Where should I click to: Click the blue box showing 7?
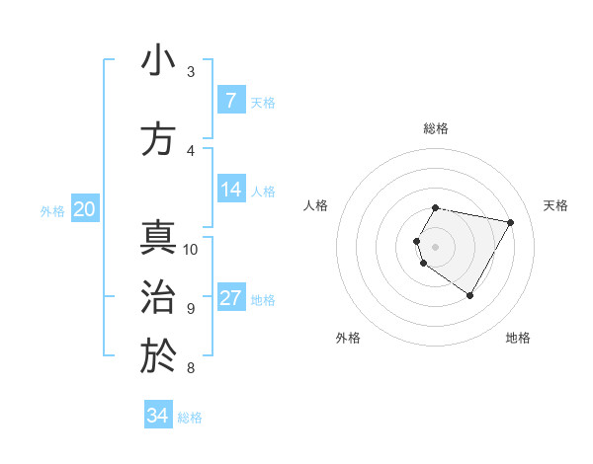tap(231, 101)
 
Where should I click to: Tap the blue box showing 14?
tap(231, 191)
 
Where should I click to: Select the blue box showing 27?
tap(231, 299)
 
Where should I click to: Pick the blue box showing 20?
tap(85, 209)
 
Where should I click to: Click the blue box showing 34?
tap(158, 416)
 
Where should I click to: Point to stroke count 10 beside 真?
tap(191, 249)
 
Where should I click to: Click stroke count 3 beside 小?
tap(191, 71)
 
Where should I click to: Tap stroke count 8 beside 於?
tap(191, 368)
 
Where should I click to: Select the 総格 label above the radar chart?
tap(435, 128)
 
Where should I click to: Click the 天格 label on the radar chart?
tap(556, 205)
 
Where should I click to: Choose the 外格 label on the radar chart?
tap(348, 338)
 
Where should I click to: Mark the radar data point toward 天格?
tap(511, 222)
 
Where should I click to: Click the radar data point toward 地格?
tap(470, 296)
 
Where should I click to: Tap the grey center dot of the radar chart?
tap(435, 246)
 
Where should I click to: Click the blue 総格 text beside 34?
tap(190, 418)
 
